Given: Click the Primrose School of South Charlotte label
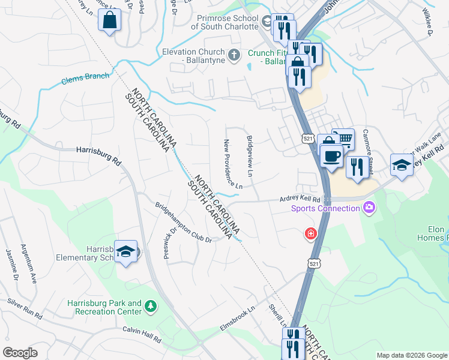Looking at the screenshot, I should click(x=225, y=22).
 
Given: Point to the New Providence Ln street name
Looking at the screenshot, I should click(x=234, y=164).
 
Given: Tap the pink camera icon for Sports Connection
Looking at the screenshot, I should click(x=369, y=208).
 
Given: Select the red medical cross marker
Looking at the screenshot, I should click(x=311, y=233).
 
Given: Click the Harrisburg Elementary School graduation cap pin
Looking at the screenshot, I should click(x=126, y=252).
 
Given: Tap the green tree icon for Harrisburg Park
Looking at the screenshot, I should click(x=151, y=307).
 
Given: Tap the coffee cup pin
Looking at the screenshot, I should click(x=331, y=157).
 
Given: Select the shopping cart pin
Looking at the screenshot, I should click(x=343, y=139).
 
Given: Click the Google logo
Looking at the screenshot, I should click(x=20, y=353).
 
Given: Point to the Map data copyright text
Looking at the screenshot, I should click(x=411, y=355).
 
